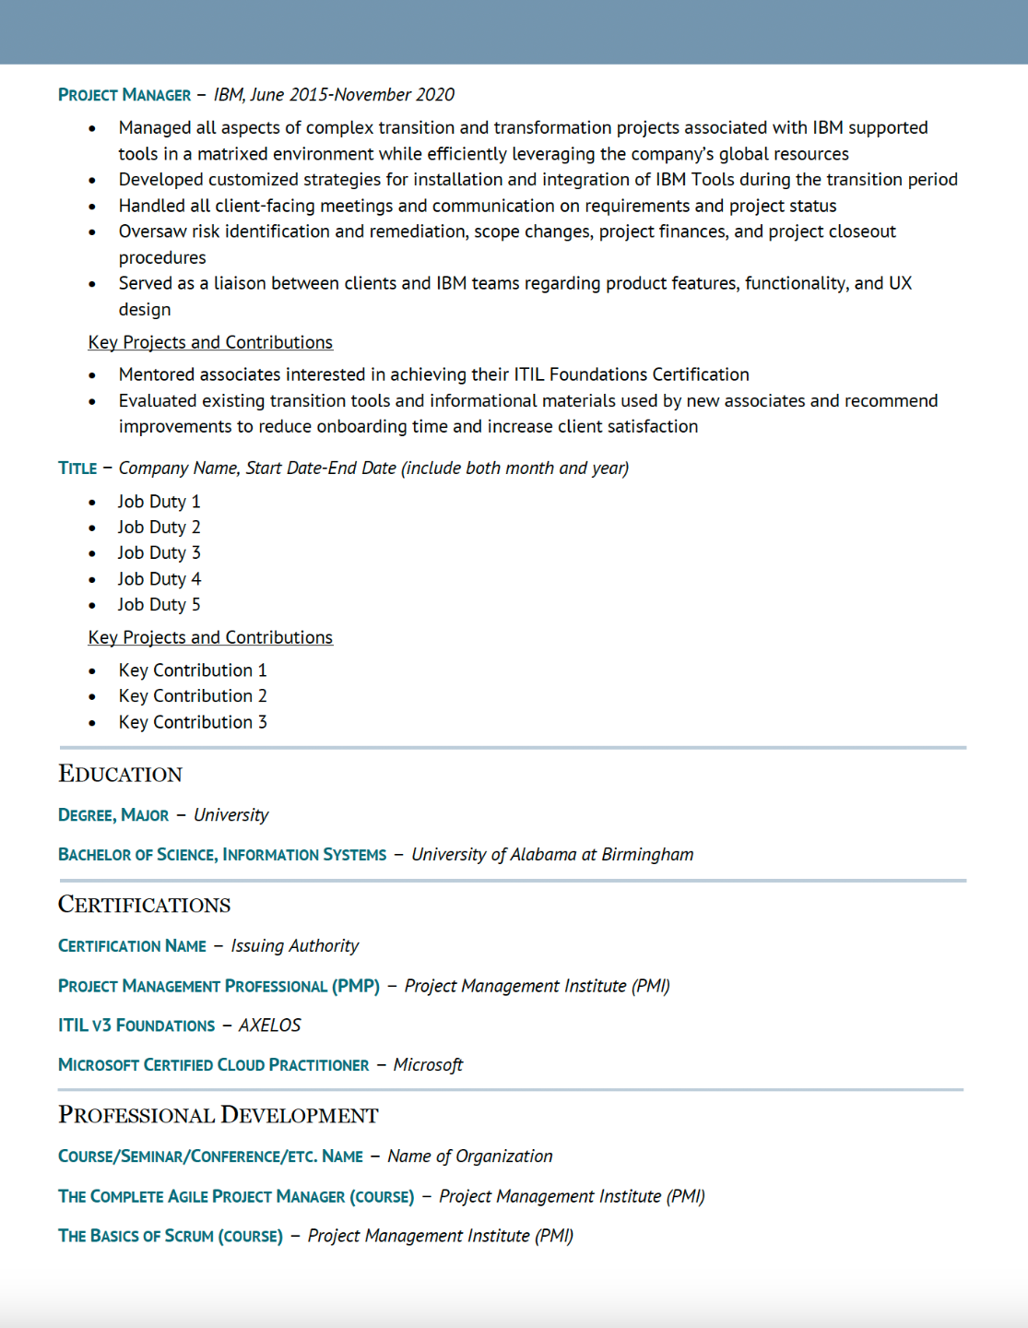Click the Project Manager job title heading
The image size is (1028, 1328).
[x=124, y=95]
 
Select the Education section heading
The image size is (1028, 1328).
[x=121, y=775]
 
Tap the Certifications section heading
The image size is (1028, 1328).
[x=145, y=905]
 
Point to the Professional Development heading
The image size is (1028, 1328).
[x=219, y=1116]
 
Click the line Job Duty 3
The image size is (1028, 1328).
[x=159, y=553]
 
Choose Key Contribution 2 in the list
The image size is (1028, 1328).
[x=193, y=696]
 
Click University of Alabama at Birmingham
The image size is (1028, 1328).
[x=552, y=855]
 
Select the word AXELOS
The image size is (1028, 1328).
[x=270, y=1026]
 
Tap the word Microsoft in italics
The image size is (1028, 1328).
[x=428, y=1065]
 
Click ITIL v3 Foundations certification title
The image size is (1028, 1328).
[x=136, y=1026]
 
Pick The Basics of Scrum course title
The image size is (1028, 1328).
[x=171, y=1236]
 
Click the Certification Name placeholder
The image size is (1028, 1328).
[x=132, y=946]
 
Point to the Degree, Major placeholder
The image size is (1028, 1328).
[x=113, y=815]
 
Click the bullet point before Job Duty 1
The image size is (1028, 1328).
[x=92, y=503]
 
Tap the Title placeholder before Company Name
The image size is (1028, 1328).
[x=77, y=468]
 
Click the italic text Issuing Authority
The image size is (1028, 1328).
[x=295, y=946]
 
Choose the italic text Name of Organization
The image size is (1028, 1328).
[x=470, y=1156]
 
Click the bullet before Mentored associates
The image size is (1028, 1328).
[x=92, y=375]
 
